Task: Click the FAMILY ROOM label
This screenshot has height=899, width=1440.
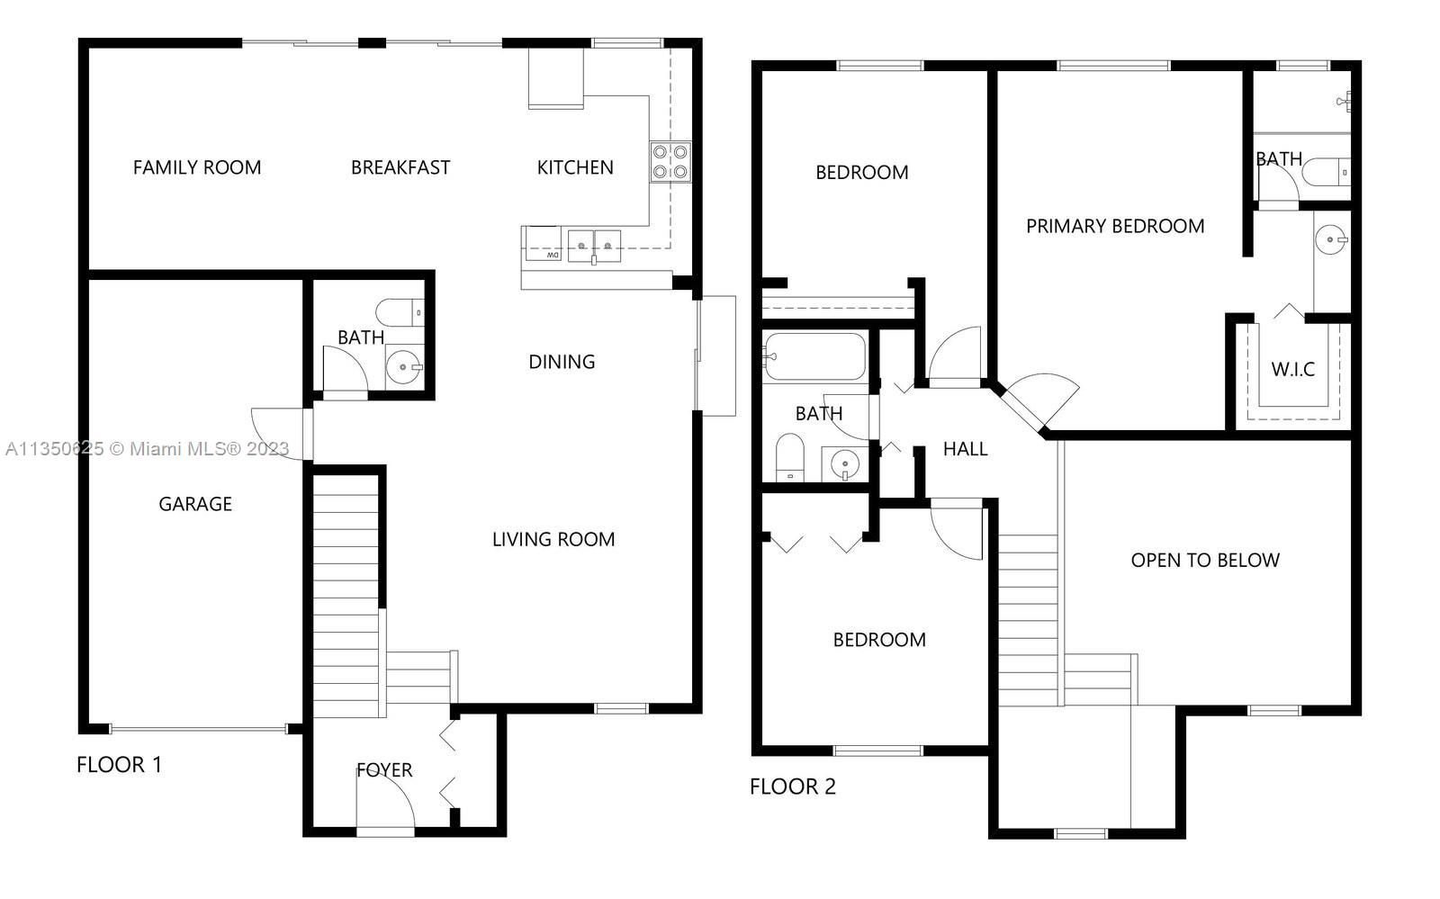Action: pyautogui.click(x=197, y=167)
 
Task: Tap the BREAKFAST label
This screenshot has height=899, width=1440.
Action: pyautogui.click(x=400, y=167)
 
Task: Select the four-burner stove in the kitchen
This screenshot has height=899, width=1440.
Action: pyautogui.click(x=670, y=162)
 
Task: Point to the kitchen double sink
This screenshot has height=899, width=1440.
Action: pyautogui.click(x=594, y=246)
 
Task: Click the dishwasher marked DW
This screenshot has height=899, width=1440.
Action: pyautogui.click(x=543, y=244)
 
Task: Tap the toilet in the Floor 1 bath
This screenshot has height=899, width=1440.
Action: pyautogui.click(x=400, y=312)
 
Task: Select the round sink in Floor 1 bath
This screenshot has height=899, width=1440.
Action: pyautogui.click(x=404, y=367)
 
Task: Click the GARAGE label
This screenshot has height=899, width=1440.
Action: pyautogui.click(x=194, y=504)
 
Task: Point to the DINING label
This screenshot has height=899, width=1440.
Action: pyautogui.click(x=562, y=362)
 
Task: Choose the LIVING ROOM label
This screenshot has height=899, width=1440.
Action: pyautogui.click(x=553, y=539)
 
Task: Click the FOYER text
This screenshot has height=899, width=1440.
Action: pyautogui.click(x=383, y=769)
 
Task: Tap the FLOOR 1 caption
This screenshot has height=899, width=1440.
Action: pyautogui.click(x=119, y=765)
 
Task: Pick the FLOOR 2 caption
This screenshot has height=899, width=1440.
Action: pyautogui.click(x=792, y=787)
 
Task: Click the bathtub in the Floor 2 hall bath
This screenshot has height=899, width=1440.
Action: pyautogui.click(x=814, y=356)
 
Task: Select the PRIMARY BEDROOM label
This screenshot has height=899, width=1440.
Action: pyautogui.click(x=1115, y=226)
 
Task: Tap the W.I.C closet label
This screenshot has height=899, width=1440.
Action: pyautogui.click(x=1292, y=370)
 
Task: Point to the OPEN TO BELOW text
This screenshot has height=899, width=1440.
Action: pyautogui.click(x=1205, y=561)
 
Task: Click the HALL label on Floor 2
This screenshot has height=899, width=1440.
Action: pyautogui.click(x=965, y=449)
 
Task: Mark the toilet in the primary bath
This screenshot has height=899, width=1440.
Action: pyautogui.click(x=1327, y=172)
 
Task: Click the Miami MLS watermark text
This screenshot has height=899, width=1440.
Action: pyautogui.click(x=148, y=448)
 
